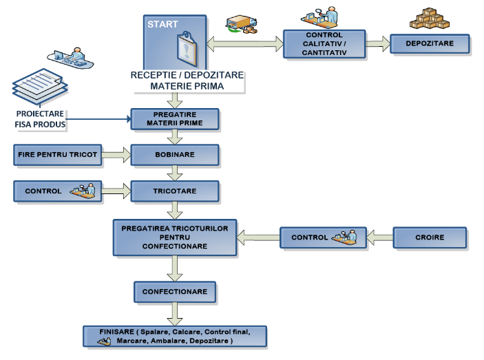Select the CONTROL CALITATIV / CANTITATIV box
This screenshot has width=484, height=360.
point(323,43)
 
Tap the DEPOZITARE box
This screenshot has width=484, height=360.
point(430,43)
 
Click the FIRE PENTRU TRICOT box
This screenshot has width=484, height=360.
point(57,154)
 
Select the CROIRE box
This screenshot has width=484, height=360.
point(430,238)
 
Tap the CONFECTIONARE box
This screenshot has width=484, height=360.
point(175,292)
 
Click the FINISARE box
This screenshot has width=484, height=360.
point(175,336)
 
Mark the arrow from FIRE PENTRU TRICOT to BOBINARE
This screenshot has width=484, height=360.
point(116,154)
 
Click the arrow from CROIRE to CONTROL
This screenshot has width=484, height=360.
point(379,238)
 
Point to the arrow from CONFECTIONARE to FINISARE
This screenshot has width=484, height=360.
point(175,314)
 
